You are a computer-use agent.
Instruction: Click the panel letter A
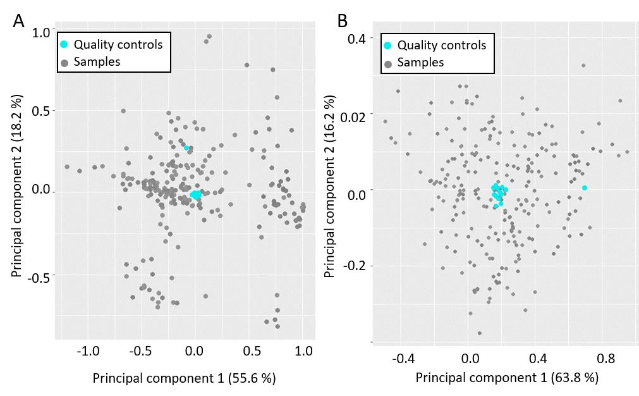19,21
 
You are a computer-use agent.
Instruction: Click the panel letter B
343,21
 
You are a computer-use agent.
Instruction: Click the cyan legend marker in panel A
64,44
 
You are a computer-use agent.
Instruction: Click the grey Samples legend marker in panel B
387,63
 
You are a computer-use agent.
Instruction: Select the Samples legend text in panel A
97,61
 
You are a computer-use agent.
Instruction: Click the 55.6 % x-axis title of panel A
184,378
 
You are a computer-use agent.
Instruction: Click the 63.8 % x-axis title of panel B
507,378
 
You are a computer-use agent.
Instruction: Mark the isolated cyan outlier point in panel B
585,188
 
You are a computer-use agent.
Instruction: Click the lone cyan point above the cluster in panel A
186,148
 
